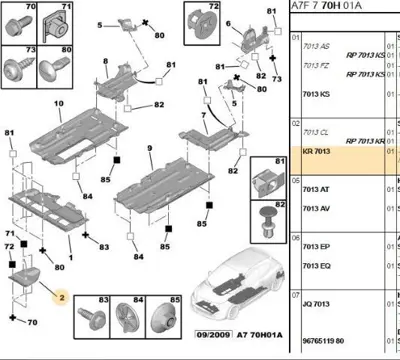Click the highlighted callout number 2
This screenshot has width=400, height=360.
coord(61,297)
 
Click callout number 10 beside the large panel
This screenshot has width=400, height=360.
coord(58,104)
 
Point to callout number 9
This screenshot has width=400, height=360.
coord(149,149)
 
